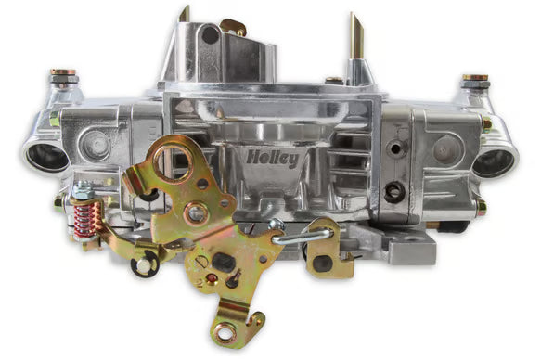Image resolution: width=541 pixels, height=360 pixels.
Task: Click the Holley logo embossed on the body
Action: pyautogui.click(x=273, y=159)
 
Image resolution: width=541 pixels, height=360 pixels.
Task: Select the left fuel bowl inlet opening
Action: pyautogui.click(x=47, y=157)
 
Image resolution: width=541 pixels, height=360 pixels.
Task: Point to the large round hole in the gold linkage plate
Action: pyautogui.click(x=173, y=161)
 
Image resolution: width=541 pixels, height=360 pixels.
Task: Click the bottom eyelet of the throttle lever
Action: pyautogui.click(x=225, y=333)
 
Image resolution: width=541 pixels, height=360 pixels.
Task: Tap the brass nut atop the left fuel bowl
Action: pyautogui.click(x=63, y=72)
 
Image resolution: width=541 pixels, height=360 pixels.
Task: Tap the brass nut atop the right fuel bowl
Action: pyautogui.click(x=475, y=78)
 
